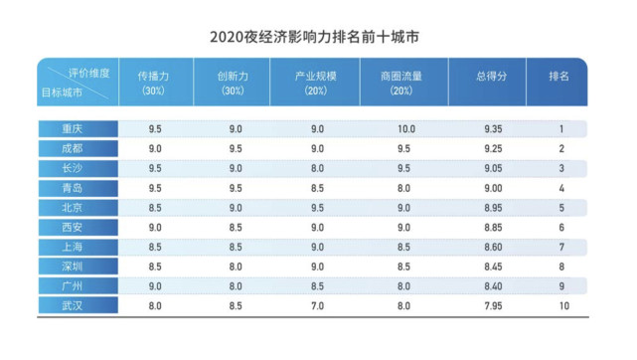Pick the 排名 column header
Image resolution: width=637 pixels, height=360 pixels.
point(560,76)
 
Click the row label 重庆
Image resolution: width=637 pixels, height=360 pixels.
point(73,128)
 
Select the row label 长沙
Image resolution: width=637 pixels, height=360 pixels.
point(73,167)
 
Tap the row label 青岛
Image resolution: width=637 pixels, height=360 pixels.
point(73,187)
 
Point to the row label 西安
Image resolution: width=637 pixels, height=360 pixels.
point(73,226)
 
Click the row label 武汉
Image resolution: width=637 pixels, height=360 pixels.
point(73,305)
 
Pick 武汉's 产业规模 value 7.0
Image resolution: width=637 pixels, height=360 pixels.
point(316,305)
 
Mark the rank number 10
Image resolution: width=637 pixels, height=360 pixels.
point(561,305)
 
